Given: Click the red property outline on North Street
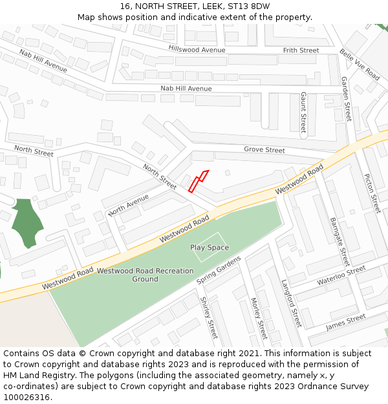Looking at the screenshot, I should point(198,181).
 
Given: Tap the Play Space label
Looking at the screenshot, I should point(210,248).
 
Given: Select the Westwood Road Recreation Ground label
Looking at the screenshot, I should point(145,275).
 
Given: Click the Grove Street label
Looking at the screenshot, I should point(264,150).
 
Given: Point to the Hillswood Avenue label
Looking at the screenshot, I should point(197,50).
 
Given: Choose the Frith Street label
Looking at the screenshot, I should point(301,50).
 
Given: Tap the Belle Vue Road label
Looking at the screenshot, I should point(360,65).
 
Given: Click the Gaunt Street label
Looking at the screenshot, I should point(303,112).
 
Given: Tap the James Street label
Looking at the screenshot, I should point(345,322).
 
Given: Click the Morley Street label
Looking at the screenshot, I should point(258,318).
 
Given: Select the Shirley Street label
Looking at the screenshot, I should point(209,318).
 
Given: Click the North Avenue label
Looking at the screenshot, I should point(129,204).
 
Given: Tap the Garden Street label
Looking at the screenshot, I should point(346,99).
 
